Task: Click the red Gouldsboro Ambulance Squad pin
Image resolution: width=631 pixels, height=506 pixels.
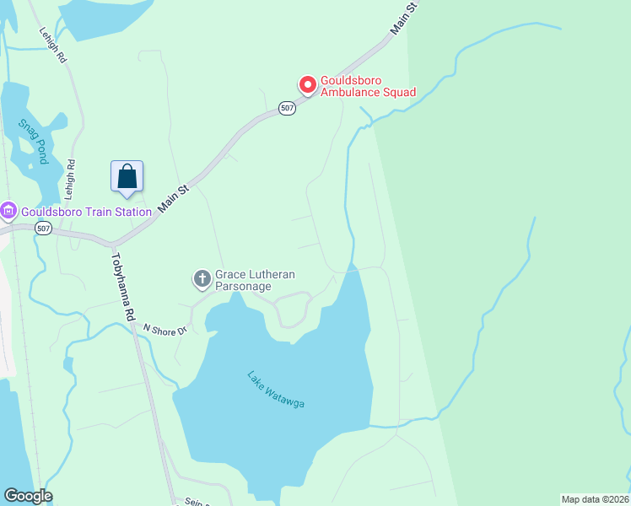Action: point(308,85)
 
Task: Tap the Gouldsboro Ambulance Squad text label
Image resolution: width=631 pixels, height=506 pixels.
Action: point(368,86)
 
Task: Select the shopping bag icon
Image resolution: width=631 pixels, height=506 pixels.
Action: point(127,177)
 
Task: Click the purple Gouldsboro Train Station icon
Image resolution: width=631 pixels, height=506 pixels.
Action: point(8,211)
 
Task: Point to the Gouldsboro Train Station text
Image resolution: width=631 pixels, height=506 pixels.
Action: point(86,212)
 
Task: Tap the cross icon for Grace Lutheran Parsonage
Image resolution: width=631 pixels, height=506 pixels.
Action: point(202,278)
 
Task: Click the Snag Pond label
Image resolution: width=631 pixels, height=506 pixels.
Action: point(33,138)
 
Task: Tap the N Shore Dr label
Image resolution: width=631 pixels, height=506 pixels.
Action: point(164,329)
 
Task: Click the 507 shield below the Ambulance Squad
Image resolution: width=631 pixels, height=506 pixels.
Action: point(288,108)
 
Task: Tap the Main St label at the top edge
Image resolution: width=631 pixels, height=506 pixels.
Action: point(405,18)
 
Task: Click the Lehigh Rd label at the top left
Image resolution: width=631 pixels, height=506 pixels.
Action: point(52,45)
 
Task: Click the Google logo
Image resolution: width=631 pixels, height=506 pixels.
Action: point(28,496)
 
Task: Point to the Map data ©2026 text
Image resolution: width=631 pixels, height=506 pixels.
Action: point(596,499)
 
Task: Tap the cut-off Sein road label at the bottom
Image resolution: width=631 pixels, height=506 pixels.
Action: point(193,501)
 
